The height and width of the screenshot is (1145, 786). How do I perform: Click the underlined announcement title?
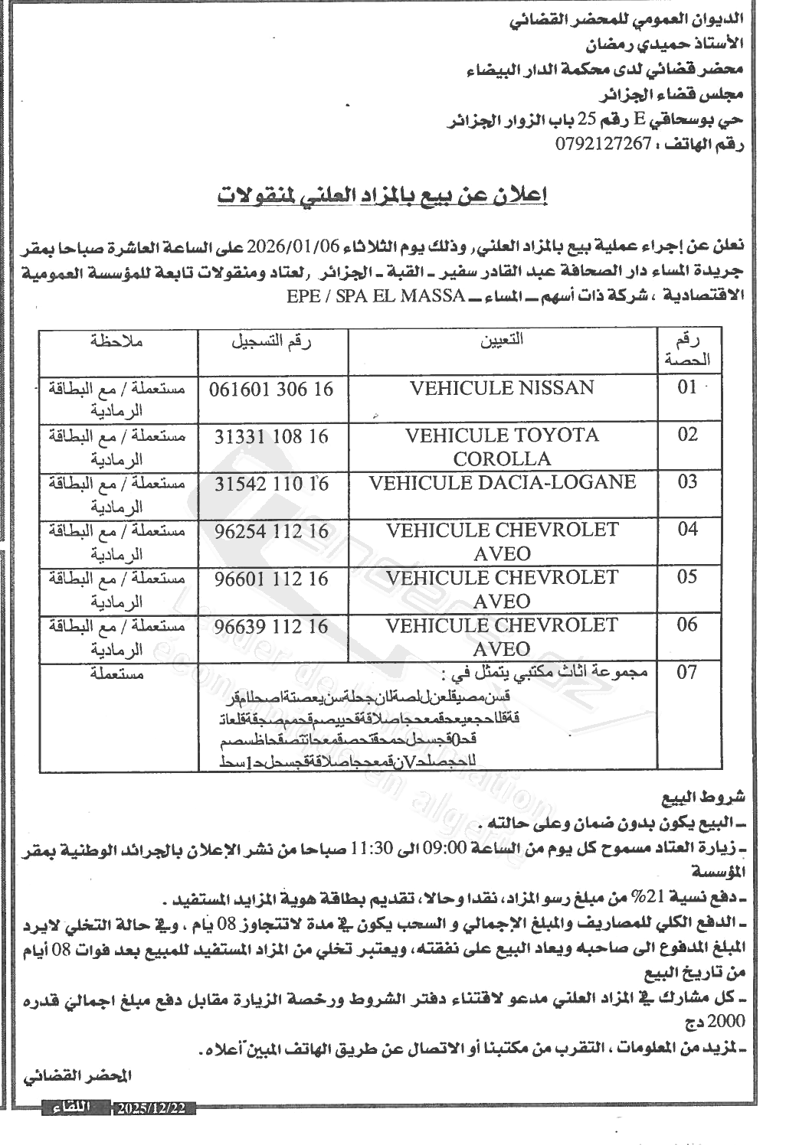pos(383,196)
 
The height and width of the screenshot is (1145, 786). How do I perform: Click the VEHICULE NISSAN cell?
pos(502,388)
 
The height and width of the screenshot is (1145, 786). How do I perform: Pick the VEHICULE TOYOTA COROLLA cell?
pos(502,446)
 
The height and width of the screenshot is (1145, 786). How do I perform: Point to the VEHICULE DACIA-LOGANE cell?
pos(502,483)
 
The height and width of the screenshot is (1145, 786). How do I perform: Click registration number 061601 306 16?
pos(272,389)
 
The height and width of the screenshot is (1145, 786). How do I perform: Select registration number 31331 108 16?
pos(272,436)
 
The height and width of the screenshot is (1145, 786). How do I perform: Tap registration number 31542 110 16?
pos(272,484)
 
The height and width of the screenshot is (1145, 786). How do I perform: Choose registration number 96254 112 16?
pos(272,531)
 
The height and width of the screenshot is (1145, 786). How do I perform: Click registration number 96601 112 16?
pos(272,579)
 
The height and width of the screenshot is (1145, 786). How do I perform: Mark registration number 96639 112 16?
pos(272,627)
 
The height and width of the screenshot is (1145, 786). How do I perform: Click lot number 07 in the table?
pos(688,674)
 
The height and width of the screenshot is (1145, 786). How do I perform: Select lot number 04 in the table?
pos(688,530)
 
